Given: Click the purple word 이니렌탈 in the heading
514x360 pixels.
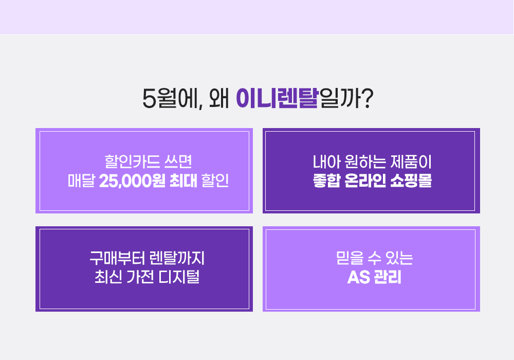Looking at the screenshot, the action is click(x=277, y=98).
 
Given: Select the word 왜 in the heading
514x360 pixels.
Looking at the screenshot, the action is click(x=218, y=98).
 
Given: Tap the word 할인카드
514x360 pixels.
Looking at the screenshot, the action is click(x=132, y=161).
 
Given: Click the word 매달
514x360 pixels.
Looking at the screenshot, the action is click(x=81, y=181).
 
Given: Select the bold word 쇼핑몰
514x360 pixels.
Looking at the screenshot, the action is click(x=411, y=181).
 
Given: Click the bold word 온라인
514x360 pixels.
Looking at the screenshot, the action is click(x=365, y=181).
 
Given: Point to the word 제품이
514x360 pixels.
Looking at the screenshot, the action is click(x=411, y=161).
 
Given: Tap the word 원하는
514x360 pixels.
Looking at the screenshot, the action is click(x=365, y=161).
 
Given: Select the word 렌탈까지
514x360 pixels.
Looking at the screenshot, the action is click(x=177, y=258).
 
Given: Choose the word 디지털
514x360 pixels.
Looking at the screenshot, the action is click(x=179, y=277).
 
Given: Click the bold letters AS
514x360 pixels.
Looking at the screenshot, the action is click(x=358, y=277).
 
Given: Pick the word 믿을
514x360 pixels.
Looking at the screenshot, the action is click(x=350, y=258).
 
